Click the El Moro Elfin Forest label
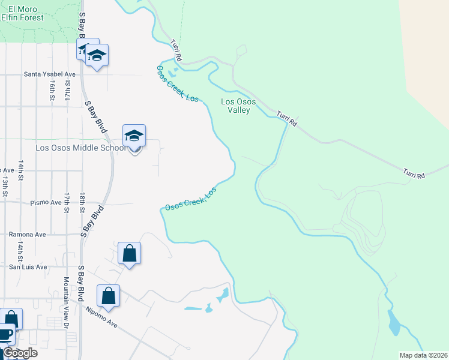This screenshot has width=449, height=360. click(22, 13)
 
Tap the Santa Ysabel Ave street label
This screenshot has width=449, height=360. click(50, 74)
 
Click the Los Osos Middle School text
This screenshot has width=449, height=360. click(80, 148)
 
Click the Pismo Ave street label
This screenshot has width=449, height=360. click(47, 203)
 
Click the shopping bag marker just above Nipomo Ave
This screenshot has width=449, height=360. click(108, 296)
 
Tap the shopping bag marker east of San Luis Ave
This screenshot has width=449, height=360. click(129, 254)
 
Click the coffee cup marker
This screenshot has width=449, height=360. click(5, 334)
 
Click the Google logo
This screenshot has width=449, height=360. click(20, 353)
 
